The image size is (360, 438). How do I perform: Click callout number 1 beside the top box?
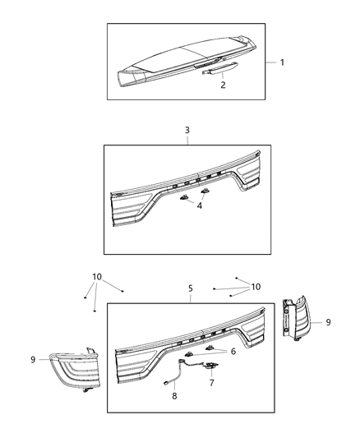[282, 62]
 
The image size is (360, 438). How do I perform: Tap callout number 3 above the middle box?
[187, 130]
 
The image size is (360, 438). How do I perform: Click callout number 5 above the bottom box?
[191, 288]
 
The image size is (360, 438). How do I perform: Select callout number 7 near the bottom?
[210, 384]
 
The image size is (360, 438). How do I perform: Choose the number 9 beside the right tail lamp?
[328, 322]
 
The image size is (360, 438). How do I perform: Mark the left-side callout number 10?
[97, 277]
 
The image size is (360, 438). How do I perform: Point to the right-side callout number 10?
[255, 287]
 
